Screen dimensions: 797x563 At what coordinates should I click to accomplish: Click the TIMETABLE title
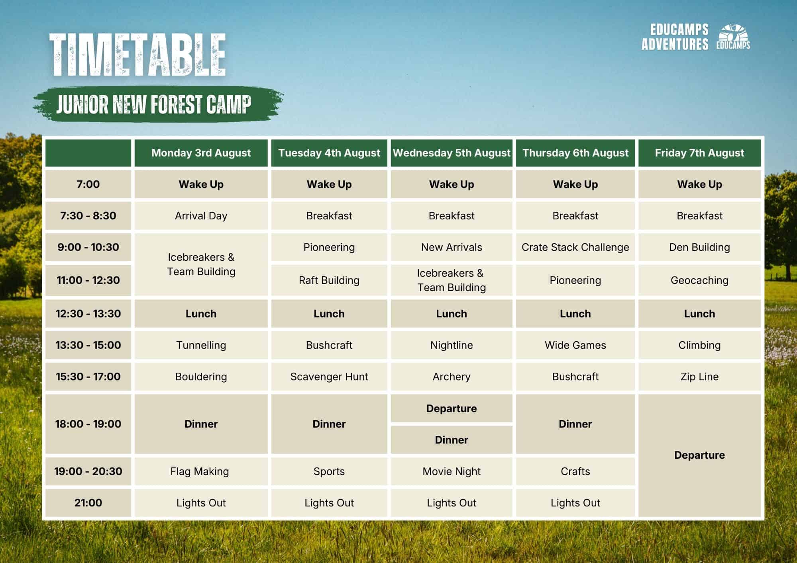(137, 55)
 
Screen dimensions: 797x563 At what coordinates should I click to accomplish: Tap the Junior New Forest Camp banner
(158, 104)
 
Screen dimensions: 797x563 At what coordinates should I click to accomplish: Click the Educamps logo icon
(733, 37)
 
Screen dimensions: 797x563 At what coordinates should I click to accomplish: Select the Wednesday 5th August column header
(452, 153)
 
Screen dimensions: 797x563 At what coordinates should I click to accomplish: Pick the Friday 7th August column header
(699, 153)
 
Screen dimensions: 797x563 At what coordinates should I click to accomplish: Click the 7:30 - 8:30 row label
(88, 216)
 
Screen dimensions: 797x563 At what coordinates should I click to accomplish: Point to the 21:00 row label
(88, 503)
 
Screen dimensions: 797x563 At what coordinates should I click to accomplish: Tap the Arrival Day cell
(201, 216)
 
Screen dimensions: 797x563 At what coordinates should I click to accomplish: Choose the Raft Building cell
(329, 280)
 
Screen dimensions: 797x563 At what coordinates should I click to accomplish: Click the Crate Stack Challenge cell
(575, 247)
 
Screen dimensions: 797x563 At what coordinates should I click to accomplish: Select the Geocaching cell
(699, 280)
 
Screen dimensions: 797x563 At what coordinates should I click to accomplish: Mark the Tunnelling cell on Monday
(201, 345)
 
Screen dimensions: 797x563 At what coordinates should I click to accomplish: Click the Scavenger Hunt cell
(329, 377)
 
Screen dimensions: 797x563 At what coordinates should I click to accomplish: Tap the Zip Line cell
(699, 377)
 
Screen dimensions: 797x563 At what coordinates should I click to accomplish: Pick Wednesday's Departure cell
(452, 409)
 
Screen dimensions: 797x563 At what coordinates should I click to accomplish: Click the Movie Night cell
(452, 471)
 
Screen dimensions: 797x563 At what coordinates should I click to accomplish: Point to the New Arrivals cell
(452, 247)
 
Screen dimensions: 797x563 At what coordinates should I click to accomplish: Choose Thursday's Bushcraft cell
(575, 377)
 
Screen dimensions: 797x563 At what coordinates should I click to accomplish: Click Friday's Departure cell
(699, 455)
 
